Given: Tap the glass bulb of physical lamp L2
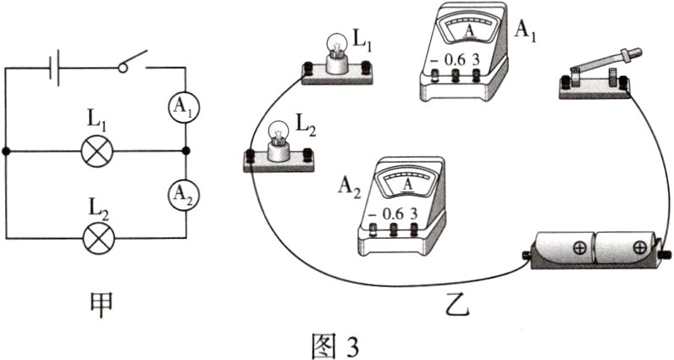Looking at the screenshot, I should tap(279, 132).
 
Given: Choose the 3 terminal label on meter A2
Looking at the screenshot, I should tap(414, 213).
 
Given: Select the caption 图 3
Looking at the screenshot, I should tap(336, 343).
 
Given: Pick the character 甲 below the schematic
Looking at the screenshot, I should tap(100, 302).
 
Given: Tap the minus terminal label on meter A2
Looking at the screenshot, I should tap(373, 214).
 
